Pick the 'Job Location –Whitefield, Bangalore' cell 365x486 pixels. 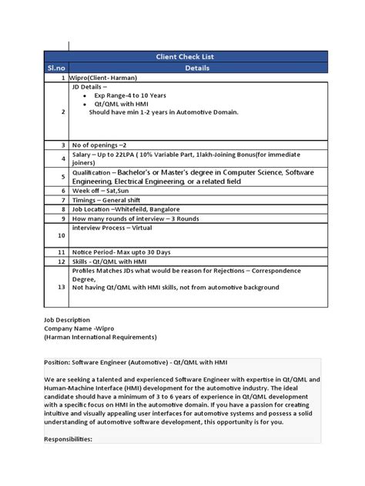tap(129, 209)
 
